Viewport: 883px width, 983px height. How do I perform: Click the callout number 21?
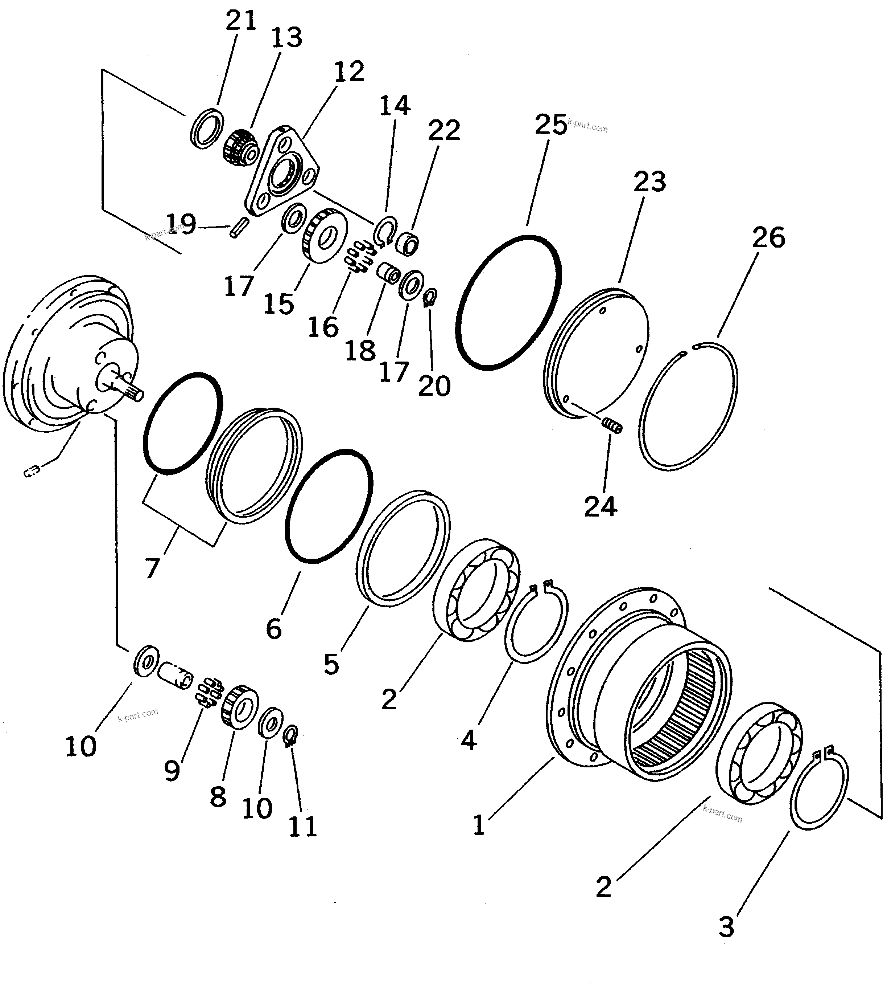241,21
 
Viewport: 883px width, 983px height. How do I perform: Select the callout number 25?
551,125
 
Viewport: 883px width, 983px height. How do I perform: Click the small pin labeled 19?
240,228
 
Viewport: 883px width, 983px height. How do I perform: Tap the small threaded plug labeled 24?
612,427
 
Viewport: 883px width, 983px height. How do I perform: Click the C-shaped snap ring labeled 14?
385,231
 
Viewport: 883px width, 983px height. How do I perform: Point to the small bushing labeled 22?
407,243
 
